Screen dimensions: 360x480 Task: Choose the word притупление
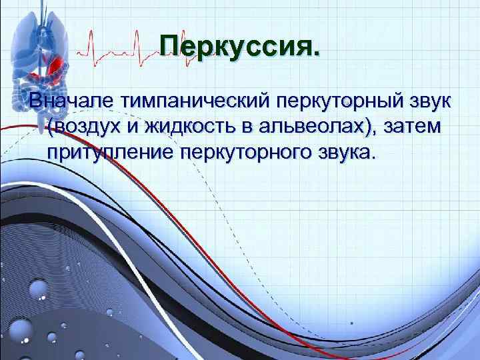(109, 153)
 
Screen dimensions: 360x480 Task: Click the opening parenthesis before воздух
(51, 128)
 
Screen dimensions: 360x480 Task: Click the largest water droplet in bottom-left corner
(20, 330)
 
